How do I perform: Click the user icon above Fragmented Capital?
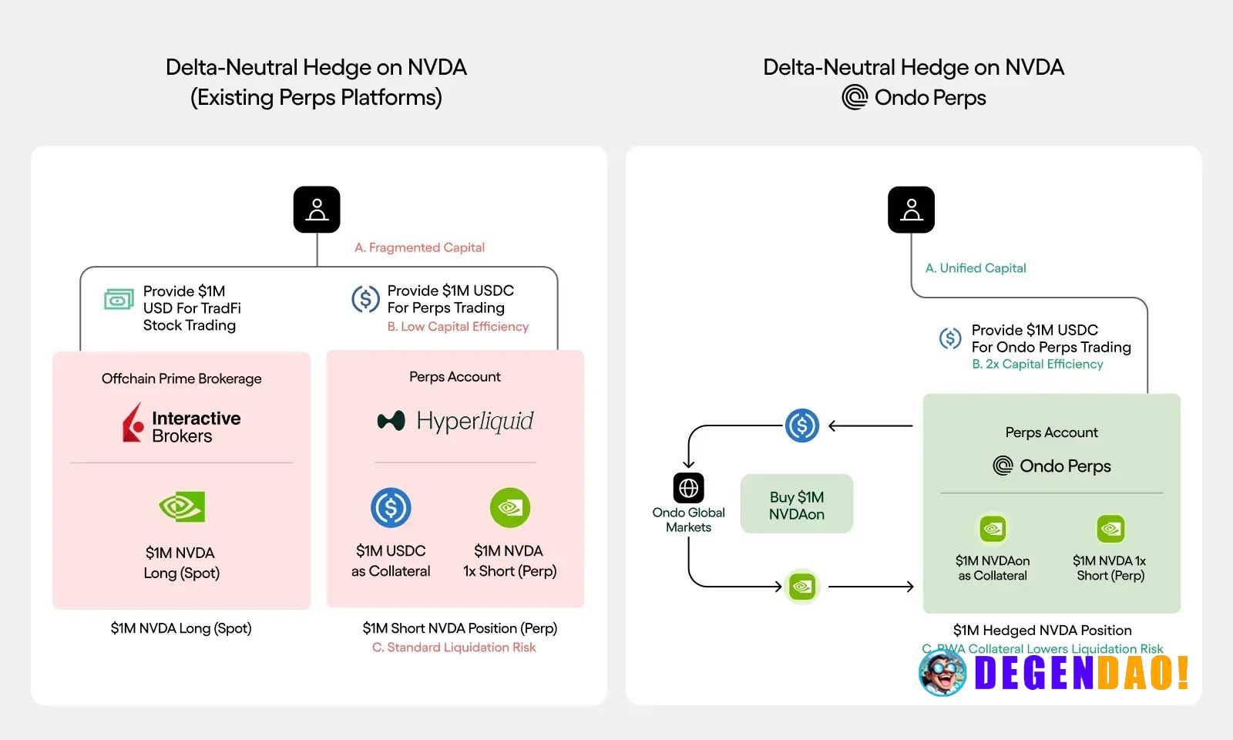pyautogui.click(x=317, y=209)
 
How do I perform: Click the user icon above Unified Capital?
pyautogui.click(x=911, y=209)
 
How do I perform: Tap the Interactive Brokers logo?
pyautogui.click(x=182, y=423)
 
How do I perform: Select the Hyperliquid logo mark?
pyautogui.click(x=391, y=421)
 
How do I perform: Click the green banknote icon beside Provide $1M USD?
pyautogui.click(x=119, y=299)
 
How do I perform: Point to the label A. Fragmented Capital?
pyautogui.click(x=419, y=247)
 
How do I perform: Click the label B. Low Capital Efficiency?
pyautogui.click(x=458, y=327)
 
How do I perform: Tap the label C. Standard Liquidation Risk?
pyautogui.click(x=454, y=647)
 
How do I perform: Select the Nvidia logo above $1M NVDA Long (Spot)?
pyautogui.click(x=182, y=506)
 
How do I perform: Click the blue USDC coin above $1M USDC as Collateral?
pyautogui.click(x=391, y=508)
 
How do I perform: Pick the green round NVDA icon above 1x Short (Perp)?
pyautogui.click(x=510, y=508)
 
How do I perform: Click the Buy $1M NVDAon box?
pyautogui.click(x=797, y=504)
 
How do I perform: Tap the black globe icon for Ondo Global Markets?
pyautogui.click(x=689, y=488)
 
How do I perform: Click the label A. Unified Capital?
pyautogui.click(x=976, y=268)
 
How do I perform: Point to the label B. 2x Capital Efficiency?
pyautogui.click(x=1037, y=364)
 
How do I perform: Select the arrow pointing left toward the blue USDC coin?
pyautogui.click(x=870, y=425)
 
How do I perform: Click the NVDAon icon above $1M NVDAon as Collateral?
pyautogui.click(x=993, y=529)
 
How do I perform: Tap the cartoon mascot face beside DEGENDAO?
pyautogui.click(x=942, y=672)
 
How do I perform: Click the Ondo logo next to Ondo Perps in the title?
pyautogui.click(x=855, y=97)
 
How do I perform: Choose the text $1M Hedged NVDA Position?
pyautogui.click(x=1043, y=630)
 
